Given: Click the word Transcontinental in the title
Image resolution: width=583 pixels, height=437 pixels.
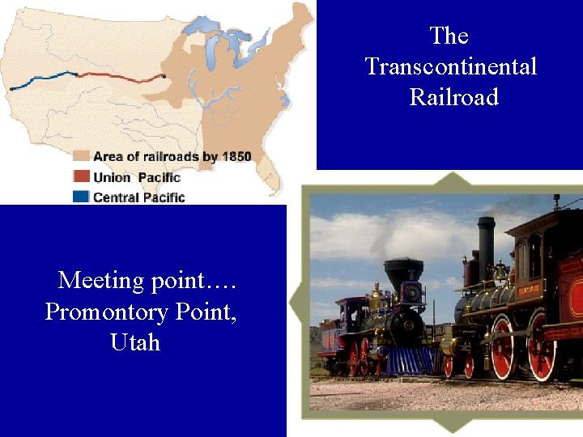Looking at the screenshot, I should [450, 66].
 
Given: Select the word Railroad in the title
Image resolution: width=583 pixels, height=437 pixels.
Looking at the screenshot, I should [453, 97].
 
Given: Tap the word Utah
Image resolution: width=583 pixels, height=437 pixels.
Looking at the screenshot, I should [135, 342].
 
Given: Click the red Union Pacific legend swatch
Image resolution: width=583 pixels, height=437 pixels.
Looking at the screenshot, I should [81, 176].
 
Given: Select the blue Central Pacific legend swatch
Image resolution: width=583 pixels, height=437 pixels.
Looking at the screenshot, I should [81, 197].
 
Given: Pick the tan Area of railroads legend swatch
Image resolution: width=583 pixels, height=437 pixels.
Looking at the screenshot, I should [81, 156].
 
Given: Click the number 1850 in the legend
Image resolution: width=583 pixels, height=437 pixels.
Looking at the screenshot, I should [236, 156].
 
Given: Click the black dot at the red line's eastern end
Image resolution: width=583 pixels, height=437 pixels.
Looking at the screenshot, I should [164, 77].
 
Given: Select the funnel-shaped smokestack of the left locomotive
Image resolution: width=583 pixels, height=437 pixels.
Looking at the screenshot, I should [403, 271].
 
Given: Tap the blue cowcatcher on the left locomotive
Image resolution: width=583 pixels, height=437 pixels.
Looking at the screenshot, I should [410, 361].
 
